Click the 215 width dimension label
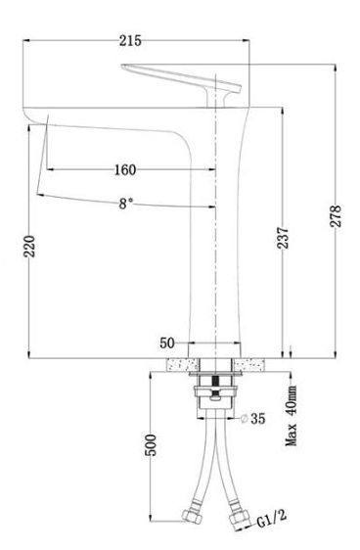(130, 41)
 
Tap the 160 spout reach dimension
(125, 169)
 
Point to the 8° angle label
(126, 204)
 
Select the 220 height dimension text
(29, 246)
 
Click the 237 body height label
(283, 238)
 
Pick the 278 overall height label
(336, 216)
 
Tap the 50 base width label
(167, 343)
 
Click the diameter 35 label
(253, 418)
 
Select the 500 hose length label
(151, 445)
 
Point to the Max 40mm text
(292, 416)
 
